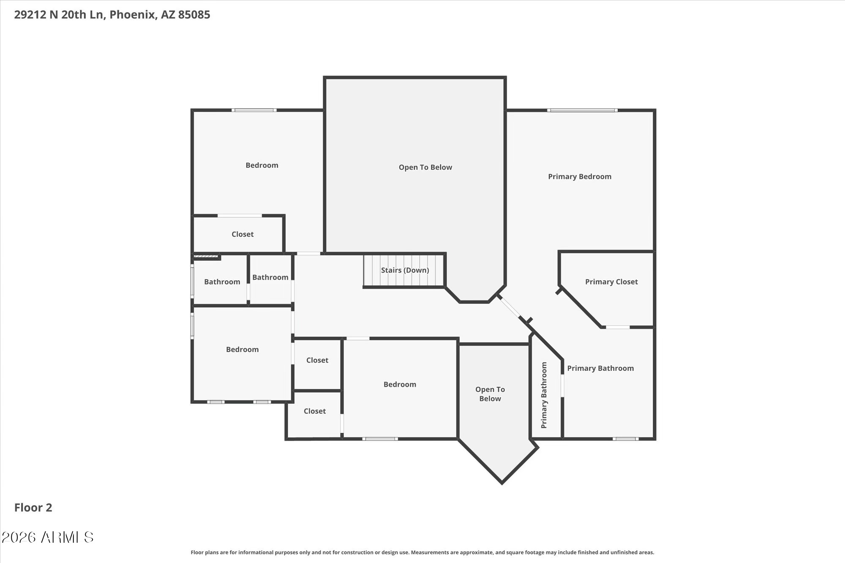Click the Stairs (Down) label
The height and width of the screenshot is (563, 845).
(405, 270)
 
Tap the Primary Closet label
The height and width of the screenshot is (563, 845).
(611, 282)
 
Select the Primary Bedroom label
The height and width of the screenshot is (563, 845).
(580, 177)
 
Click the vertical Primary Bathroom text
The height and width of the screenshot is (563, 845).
(544, 395)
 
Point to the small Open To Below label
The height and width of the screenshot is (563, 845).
(490, 394)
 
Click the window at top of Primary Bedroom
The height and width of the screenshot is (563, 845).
(582, 110)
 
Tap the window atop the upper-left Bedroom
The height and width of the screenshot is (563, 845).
(254, 110)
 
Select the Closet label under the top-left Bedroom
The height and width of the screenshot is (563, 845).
(243, 234)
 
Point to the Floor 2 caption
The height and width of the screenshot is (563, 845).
(33, 508)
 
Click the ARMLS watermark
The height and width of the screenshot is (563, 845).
(47, 537)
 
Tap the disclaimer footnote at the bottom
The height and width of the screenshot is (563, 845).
(422, 552)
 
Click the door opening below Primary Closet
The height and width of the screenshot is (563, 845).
(618, 327)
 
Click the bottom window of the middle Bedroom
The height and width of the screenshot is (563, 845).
(380, 439)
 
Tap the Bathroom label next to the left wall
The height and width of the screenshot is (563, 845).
(222, 282)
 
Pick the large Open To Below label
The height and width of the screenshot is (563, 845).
(425, 167)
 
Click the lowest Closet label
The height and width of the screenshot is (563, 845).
(315, 411)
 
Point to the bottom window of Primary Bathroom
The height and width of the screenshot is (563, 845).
(626, 439)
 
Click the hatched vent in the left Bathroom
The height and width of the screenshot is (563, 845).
(206, 256)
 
